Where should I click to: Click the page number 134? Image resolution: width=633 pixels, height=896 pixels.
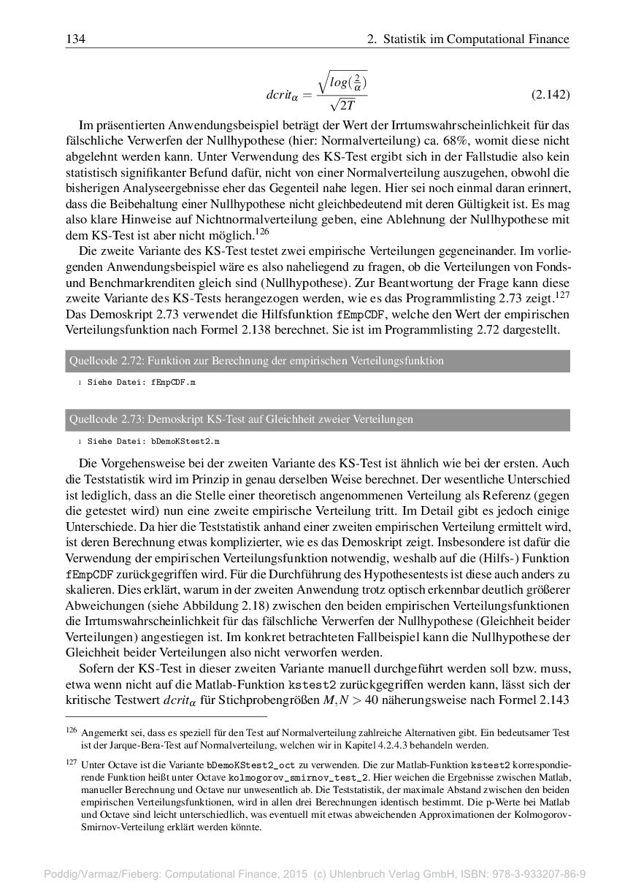(x=75, y=39)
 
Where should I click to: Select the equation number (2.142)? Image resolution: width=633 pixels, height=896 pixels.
(x=549, y=95)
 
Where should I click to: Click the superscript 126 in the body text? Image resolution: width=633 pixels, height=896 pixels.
(x=262, y=231)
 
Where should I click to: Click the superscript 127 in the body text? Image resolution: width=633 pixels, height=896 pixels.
(x=561, y=294)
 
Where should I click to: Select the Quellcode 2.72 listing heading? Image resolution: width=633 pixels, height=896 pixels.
(x=256, y=361)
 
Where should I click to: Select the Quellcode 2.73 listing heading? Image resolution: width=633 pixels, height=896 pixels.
(x=241, y=419)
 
